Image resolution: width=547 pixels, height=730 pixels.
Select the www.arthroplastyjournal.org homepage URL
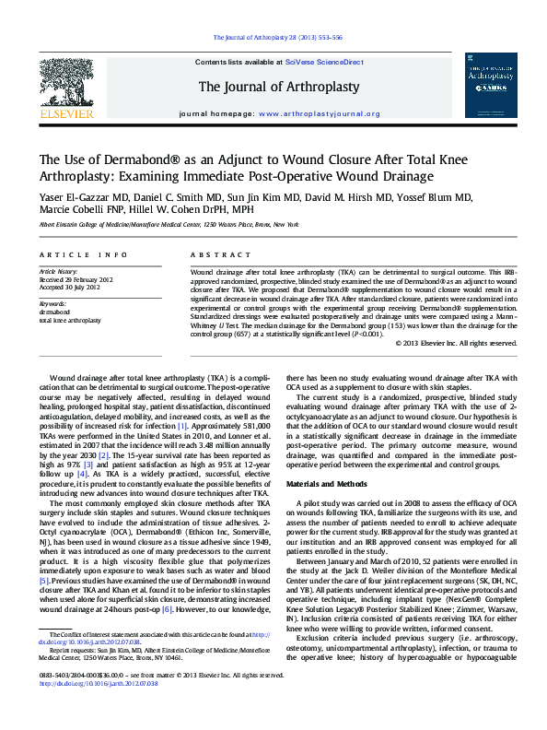(x=320, y=115)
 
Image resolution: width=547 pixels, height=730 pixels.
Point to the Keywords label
(x=52, y=303)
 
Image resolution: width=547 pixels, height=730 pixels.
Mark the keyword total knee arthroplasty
(x=70, y=319)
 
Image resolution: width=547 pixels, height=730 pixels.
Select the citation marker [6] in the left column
(x=167, y=584)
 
